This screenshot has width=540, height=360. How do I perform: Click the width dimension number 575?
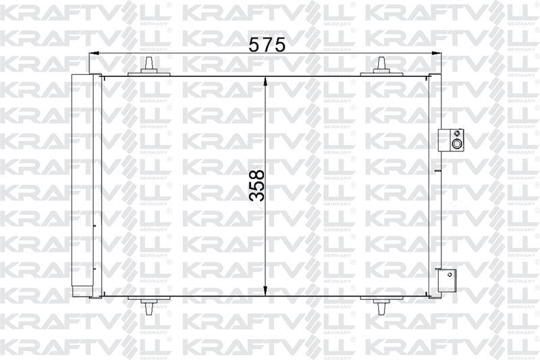point(267,45)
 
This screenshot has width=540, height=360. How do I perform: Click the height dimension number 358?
point(257,185)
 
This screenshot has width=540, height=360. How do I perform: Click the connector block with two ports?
point(450,140)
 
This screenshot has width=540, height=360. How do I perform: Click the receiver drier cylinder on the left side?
point(82,182)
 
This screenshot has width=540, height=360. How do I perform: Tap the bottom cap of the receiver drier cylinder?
point(82,291)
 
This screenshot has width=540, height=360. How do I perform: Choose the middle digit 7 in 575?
point(267,45)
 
